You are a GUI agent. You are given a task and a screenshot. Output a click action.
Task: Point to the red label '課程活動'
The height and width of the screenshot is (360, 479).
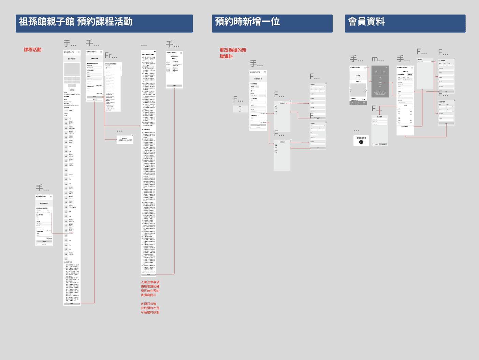pos(32,50)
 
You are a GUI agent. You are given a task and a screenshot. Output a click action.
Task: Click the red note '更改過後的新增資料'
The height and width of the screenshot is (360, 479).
pos(233,53)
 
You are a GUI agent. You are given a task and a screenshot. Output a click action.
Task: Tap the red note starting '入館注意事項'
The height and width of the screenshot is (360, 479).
pos(150,288)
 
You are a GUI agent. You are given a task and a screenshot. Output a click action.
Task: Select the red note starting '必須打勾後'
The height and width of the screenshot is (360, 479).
pos(150,308)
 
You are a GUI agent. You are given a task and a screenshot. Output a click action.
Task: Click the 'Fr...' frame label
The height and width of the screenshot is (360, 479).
pos(111,55)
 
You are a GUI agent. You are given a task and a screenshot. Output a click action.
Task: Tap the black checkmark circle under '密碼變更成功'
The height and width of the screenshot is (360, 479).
pos(361,142)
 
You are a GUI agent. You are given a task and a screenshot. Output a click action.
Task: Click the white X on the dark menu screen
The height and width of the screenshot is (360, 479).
pos(387,67)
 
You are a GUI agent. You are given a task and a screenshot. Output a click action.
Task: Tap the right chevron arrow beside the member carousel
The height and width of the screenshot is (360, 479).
pos(366,90)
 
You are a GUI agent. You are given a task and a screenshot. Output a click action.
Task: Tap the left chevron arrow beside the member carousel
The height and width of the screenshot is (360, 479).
pos(350,90)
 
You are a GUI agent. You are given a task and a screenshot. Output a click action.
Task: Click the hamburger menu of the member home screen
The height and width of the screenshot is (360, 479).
pos(365,67)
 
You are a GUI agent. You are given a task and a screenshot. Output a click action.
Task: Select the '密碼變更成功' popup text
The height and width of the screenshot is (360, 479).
pos(361,138)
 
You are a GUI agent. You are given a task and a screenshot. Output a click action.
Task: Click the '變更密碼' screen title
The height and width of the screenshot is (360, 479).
pos(380,117)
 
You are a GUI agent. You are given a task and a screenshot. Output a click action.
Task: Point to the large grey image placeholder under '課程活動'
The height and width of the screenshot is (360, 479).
pos(72,69)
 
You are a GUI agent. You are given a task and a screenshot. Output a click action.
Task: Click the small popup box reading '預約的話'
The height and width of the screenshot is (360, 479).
pos(125,139)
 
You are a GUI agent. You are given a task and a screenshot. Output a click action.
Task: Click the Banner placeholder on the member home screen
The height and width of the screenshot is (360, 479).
pos(358,76)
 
